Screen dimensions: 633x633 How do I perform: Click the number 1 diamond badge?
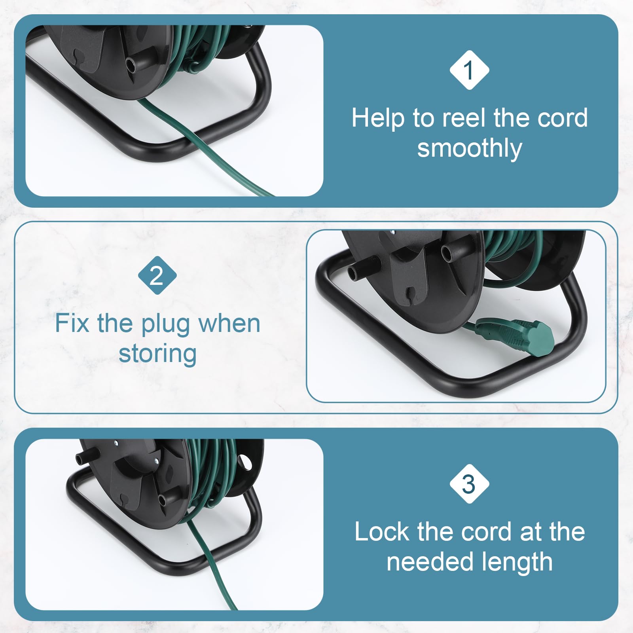[469, 70]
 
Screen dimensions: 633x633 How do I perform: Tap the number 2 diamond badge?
[157, 275]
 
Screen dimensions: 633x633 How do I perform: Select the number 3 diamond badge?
[469, 484]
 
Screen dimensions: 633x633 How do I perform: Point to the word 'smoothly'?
[470, 149]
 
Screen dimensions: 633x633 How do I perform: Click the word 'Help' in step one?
[378, 119]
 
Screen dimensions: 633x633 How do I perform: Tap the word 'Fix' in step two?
[72, 323]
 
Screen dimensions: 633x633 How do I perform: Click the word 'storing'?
[157, 354]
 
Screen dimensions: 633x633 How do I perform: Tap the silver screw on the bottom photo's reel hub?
[157, 461]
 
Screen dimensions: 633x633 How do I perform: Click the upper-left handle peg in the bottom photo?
[86, 457]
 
